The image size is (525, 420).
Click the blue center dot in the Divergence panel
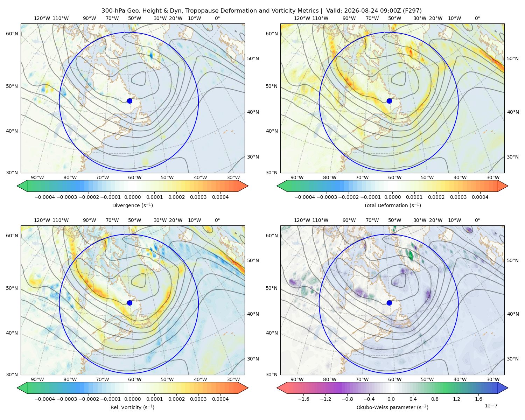pos(129,101)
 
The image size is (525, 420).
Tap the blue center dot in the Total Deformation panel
pos(389,101)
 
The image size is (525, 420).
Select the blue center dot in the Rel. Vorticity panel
pos(129,303)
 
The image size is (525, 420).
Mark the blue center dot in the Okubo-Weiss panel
pos(389,303)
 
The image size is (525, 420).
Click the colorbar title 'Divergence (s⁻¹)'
pos(132,205)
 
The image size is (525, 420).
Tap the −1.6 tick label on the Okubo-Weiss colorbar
pos(303,399)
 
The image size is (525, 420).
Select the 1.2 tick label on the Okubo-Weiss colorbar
pos(456,399)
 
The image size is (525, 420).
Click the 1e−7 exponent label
pos(491,406)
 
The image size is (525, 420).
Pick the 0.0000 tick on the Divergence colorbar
pos(132,197)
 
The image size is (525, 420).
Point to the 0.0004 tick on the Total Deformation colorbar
pos(480,197)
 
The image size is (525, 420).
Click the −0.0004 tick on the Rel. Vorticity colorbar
pos(45,399)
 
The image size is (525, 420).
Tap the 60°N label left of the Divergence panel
pos(12,34)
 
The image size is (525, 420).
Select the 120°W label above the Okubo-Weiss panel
pos(302,220)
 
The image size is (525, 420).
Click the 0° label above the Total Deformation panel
pos(477,18)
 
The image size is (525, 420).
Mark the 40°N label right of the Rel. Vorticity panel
pos(253,314)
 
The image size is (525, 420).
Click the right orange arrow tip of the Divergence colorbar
pos(248,186)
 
